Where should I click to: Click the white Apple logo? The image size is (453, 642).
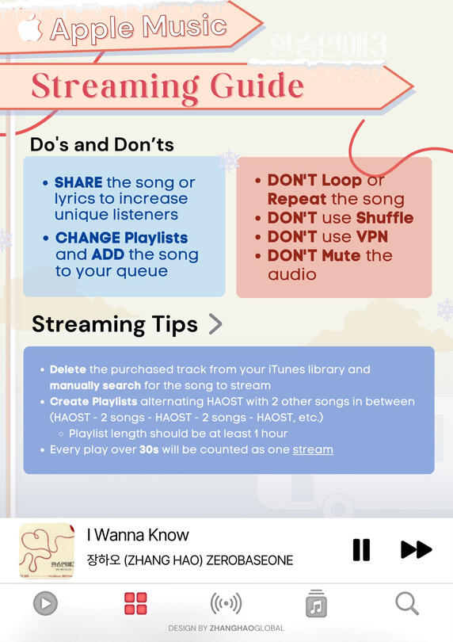[30, 28]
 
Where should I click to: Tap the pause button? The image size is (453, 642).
[361, 549]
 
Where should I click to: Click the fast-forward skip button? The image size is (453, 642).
[416, 549]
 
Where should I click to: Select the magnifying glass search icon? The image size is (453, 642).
[407, 603]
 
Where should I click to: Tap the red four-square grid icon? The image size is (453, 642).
[135, 603]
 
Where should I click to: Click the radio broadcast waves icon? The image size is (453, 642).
[226, 603]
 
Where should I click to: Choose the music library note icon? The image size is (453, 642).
[316, 603]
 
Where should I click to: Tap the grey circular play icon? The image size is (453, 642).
[45, 603]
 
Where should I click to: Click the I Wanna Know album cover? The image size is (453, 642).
[47, 550]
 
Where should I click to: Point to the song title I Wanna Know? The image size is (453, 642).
[138, 535]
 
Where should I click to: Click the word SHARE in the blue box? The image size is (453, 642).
[78, 182]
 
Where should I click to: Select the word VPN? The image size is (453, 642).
[372, 237]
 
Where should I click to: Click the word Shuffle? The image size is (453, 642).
[385, 218]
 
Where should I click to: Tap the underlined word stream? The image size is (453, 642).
[313, 449]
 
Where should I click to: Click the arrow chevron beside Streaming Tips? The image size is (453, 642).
[215, 324]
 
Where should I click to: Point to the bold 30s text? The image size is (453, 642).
[149, 449]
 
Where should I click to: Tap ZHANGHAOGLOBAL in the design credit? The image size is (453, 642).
[247, 628]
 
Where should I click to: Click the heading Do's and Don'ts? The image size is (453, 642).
[102, 144]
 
